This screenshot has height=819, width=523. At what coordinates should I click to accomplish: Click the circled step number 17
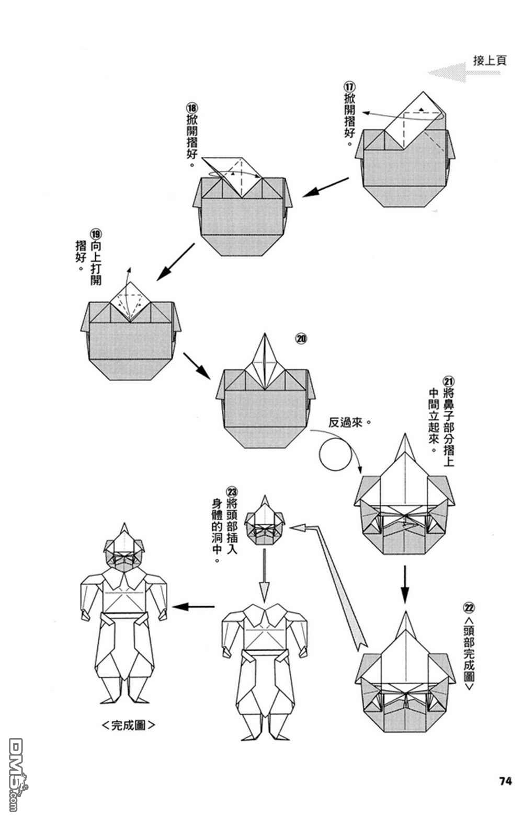tap(349, 86)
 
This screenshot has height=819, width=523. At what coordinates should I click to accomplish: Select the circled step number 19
tap(95, 233)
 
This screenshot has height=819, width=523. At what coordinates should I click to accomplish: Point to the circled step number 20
tap(301, 339)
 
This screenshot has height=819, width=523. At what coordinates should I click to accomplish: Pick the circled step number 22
tap(469, 607)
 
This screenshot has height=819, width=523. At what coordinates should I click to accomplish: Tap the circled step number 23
tap(232, 491)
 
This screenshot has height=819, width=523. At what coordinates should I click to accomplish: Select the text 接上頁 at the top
tap(490, 60)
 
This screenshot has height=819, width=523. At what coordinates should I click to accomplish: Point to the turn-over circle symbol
tap(336, 455)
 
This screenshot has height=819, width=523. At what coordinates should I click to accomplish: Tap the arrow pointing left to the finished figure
tap(194, 607)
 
